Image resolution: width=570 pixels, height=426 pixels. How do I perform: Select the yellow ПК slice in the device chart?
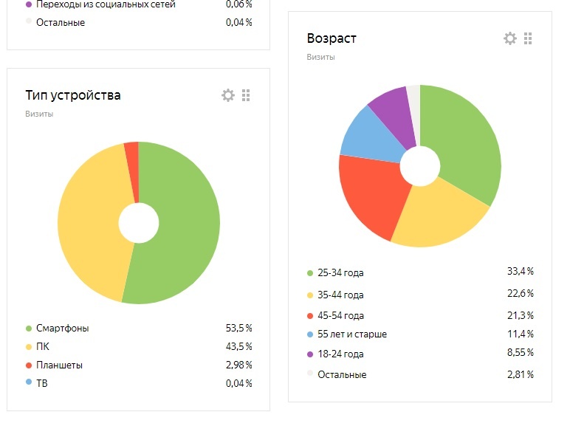click(x=89, y=221)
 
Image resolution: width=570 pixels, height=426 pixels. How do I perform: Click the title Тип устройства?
click(x=73, y=95)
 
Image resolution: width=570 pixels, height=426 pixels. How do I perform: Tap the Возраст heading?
click(x=332, y=38)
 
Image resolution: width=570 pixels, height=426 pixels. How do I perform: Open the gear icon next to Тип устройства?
click(x=228, y=95)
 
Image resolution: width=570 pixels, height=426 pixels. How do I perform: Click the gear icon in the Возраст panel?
click(x=510, y=38)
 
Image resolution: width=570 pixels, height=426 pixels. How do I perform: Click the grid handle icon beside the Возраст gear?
click(x=528, y=38)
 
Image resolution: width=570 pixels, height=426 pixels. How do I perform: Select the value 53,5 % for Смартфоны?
click(x=238, y=329)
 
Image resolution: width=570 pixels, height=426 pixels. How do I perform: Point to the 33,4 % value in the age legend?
click(x=520, y=272)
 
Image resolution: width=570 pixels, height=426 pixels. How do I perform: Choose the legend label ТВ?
click(x=44, y=383)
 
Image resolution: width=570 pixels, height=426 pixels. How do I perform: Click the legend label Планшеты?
click(x=59, y=365)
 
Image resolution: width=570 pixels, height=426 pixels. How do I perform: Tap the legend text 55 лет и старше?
click(x=352, y=334)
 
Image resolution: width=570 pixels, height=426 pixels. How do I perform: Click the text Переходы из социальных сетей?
click(x=106, y=4)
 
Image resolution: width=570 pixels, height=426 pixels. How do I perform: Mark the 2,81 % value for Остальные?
click(x=520, y=374)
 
